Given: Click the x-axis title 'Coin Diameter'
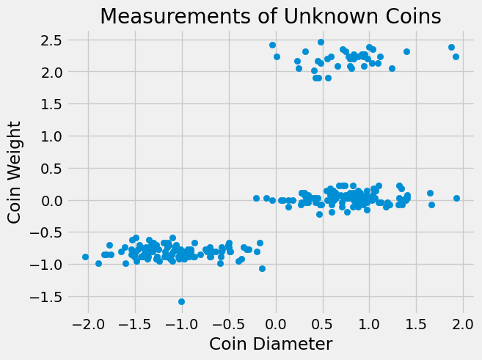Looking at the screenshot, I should coord(271,343).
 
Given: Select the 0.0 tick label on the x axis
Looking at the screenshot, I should coord(276,323).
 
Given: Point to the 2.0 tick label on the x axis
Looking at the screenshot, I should coord(463,323).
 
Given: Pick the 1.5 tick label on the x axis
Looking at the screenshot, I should coord(416,323).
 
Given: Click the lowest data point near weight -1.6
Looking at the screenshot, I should coord(181,301).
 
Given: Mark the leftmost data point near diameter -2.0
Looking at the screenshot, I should coord(85,257).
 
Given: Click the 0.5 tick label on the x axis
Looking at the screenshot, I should coord(323,323).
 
